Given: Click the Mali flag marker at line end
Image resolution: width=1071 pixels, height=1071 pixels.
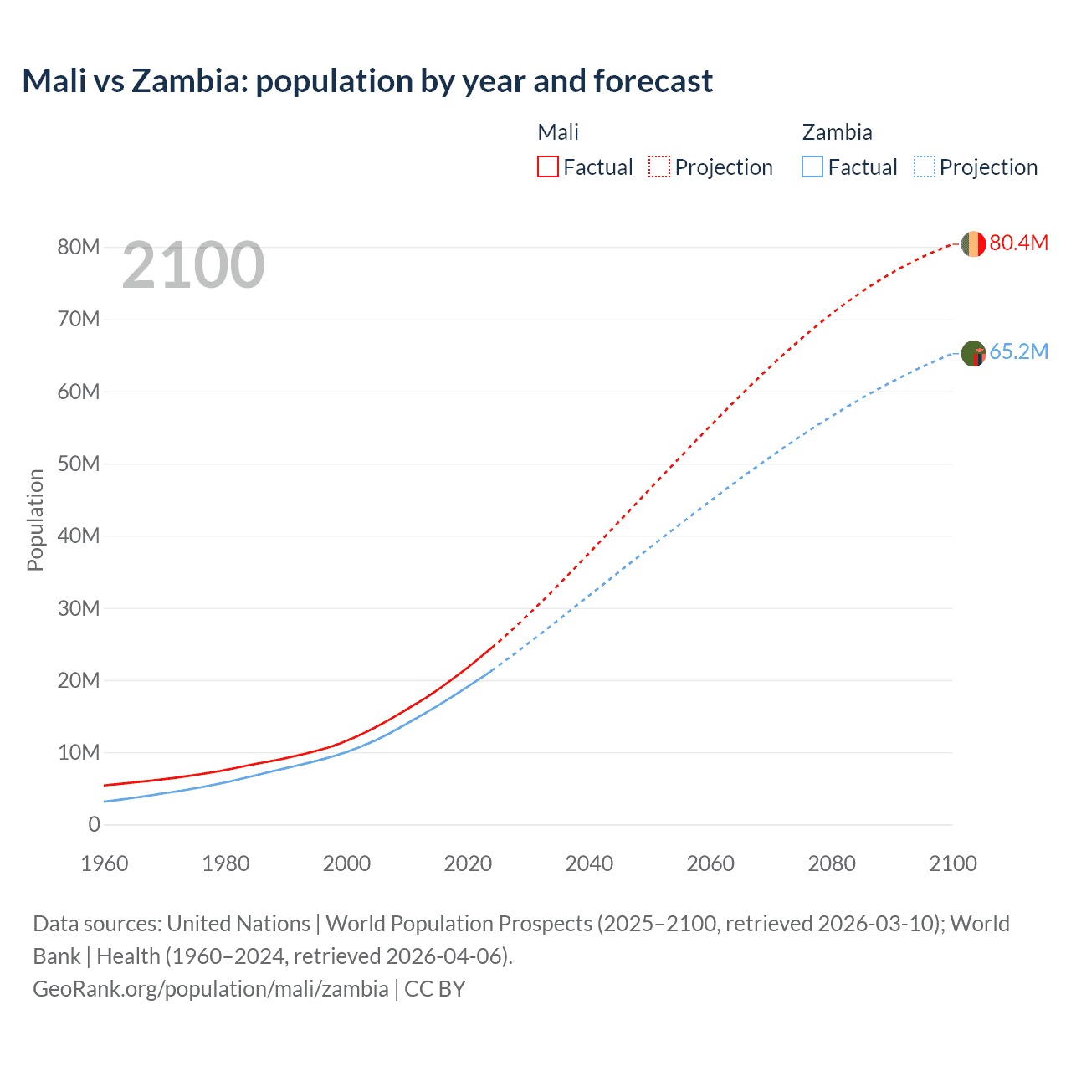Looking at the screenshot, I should [x=973, y=243].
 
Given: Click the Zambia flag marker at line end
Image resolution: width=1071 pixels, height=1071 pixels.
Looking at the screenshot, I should [x=973, y=353].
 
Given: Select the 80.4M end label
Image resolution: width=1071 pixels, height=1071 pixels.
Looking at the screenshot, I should [x=1018, y=243].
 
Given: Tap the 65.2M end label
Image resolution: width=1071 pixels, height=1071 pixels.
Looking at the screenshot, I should [x=1018, y=351].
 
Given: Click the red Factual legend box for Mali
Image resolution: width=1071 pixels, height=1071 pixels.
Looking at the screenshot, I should [x=547, y=167].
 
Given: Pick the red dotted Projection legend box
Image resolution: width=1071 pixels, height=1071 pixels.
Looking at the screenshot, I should [x=659, y=167].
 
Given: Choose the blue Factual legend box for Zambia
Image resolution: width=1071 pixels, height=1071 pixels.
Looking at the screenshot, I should [x=812, y=167].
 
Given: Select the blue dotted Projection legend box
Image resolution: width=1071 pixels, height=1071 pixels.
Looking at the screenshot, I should [x=925, y=167].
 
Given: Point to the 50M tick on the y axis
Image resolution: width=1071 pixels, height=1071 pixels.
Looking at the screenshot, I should [x=79, y=464].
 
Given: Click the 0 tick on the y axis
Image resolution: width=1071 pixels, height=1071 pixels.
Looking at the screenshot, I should [x=94, y=824].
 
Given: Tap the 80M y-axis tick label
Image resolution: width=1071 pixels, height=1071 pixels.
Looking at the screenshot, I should [x=79, y=247].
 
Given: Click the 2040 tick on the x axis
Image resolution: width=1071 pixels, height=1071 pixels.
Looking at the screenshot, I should [x=589, y=863].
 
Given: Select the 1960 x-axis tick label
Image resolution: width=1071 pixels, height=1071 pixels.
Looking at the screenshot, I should [x=105, y=863].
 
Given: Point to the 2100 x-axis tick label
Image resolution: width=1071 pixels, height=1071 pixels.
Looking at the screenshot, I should [x=952, y=863].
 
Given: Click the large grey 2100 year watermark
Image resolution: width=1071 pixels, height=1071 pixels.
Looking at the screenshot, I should [x=193, y=265].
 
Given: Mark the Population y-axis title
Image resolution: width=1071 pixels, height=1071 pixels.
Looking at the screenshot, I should [x=35, y=520].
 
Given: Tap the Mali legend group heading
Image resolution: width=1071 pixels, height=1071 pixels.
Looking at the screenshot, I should [x=558, y=132].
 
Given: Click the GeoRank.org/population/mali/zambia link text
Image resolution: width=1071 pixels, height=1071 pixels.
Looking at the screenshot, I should [x=211, y=988].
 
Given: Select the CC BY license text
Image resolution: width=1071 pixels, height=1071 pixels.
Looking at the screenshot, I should [x=435, y=988].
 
